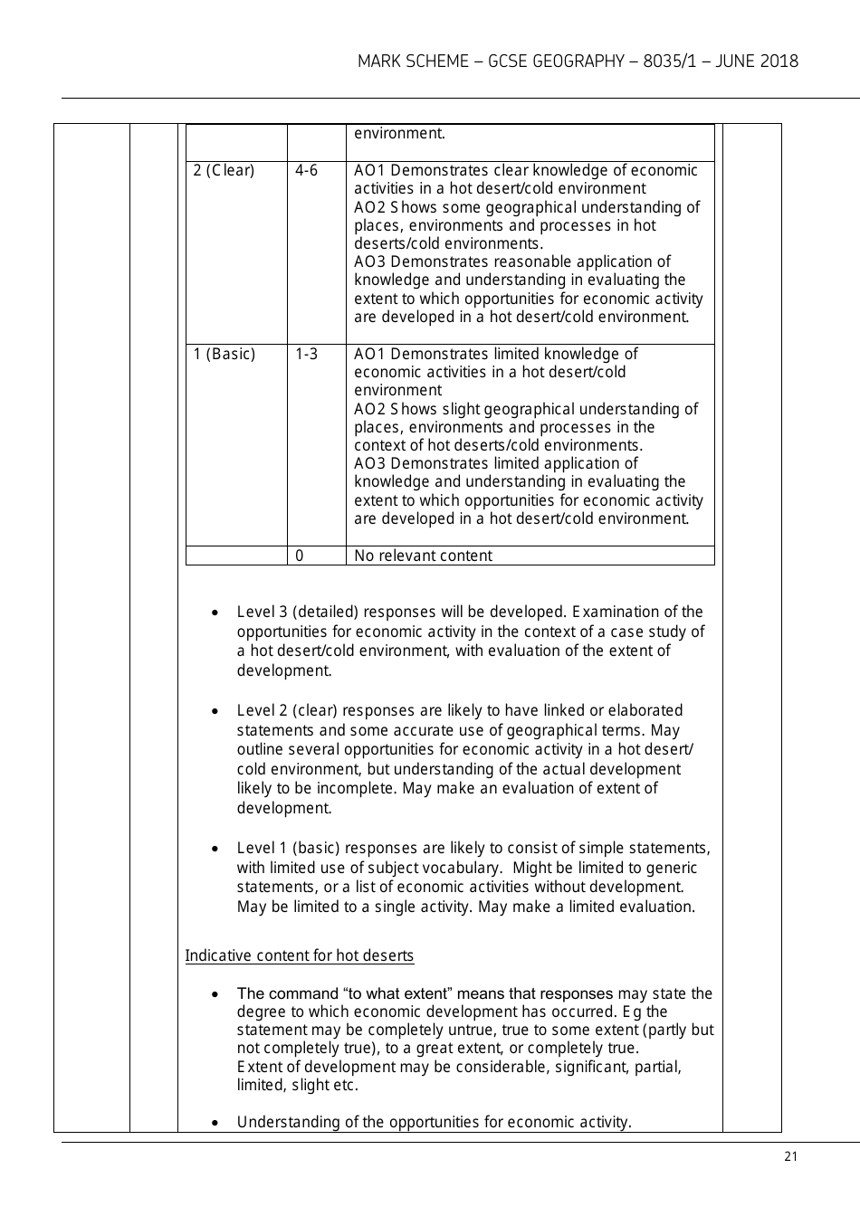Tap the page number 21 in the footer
pos(791,1156)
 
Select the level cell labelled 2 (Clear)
pos(225,171)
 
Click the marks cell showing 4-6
pos(306,171)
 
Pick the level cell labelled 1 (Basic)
pos(225,354)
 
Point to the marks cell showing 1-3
pos(306,354)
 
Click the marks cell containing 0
pos(300,556)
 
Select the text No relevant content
pos(423,556)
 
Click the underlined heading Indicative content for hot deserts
pos(299,955)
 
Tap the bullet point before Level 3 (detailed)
pos(214,613)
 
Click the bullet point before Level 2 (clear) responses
pos(214,711)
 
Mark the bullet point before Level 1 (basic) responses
pos(214,849)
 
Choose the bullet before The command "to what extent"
pos(214,994)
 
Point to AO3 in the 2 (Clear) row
pos(371,261)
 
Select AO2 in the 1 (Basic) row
pos(371,409)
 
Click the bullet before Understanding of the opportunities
pos(214,1123)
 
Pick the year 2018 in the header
pos(779,62)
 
